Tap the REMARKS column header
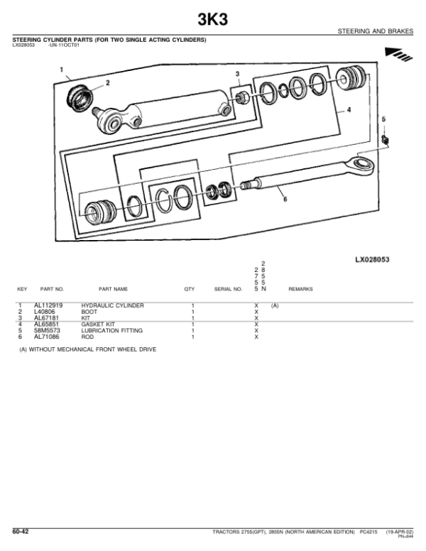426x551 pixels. (300, 290)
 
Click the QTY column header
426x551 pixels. (190, 290)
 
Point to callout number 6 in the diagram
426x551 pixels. (284, 200)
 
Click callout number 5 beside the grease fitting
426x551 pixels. (383, 119)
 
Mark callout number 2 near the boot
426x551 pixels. (107, 83)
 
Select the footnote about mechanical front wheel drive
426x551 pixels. (88, 350)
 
